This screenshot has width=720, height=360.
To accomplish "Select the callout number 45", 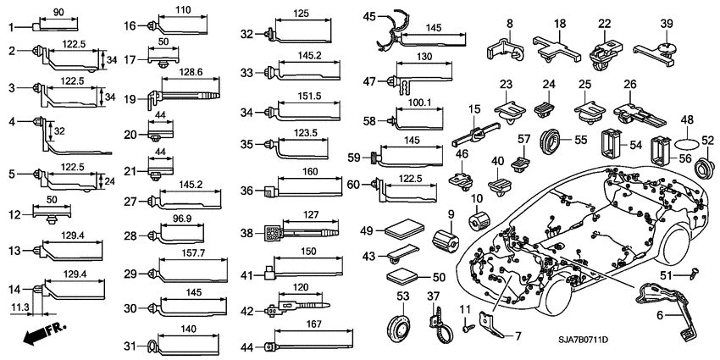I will coord(368,16).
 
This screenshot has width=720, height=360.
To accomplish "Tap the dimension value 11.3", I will coord(18,307).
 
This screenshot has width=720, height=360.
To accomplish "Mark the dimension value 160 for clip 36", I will coord(309,172).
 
